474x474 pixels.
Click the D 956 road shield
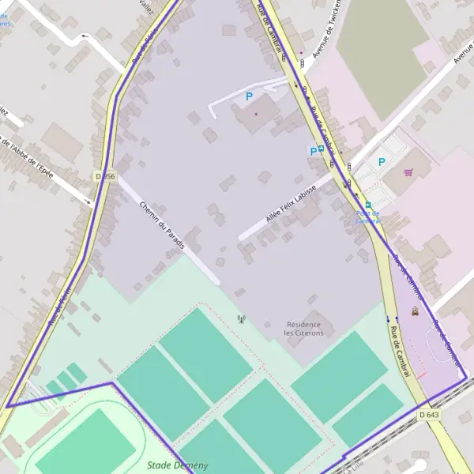104,176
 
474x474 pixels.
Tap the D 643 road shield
429,414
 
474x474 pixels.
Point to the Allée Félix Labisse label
292,203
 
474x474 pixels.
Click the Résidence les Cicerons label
303,329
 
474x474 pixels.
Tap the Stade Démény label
178,465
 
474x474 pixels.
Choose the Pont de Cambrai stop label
367,216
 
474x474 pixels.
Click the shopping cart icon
408,172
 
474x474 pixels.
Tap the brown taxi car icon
416,311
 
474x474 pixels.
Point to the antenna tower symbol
241,320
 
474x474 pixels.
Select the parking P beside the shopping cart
382,162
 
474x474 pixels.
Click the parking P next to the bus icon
313,150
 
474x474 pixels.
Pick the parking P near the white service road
250,96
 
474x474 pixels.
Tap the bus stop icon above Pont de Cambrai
368,205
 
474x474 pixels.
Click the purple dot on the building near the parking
255,113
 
